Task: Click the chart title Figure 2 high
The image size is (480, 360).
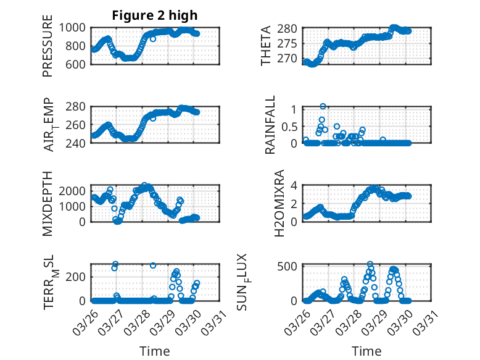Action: pos(155,15)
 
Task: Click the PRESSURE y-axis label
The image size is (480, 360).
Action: pos(48,46)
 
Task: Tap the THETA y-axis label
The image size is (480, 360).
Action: pos(266,46)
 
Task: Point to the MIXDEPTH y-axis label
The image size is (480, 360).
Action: pos(48,203)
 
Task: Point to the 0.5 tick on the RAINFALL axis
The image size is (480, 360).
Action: pos(290,126)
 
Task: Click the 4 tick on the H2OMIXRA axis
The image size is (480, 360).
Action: pos(295,185)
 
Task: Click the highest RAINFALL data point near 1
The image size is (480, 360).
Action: pos(323,107)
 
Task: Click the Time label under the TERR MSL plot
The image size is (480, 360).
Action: pos(155,351)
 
